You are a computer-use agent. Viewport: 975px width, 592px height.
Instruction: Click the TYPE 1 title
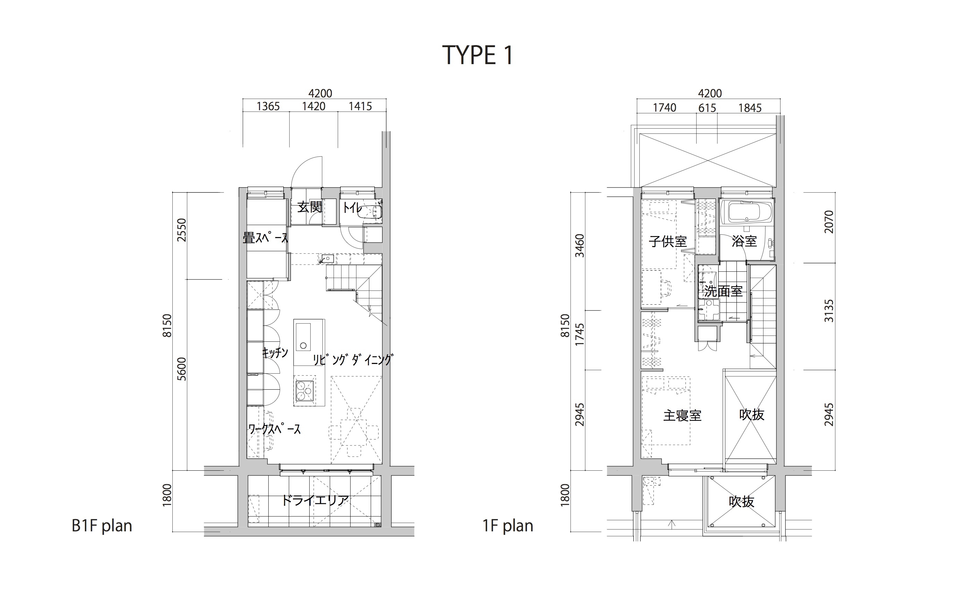click(x=477, y=55)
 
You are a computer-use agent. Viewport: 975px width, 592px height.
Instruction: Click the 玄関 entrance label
click(x=310, y=207)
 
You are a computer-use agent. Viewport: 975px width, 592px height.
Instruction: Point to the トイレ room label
click(x=352, y=207)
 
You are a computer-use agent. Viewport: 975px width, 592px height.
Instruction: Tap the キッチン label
click(x=275, y=352)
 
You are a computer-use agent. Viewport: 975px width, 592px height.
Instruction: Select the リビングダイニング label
click(x=353, y=359)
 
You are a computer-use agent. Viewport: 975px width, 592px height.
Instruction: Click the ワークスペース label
click(x=275, y=429)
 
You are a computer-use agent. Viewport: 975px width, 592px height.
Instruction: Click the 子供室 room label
click(x=667, y=241)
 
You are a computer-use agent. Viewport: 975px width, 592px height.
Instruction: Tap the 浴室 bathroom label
click(x=744, y=241)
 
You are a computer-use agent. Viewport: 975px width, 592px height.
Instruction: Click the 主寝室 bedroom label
click(x=682, y=416)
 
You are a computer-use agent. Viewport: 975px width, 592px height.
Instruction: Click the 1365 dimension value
click(x=268, y=106)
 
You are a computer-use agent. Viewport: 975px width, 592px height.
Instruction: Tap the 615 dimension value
click(x=707, y=107)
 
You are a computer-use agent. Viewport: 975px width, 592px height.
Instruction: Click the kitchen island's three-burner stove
click(x=304, y=390)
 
